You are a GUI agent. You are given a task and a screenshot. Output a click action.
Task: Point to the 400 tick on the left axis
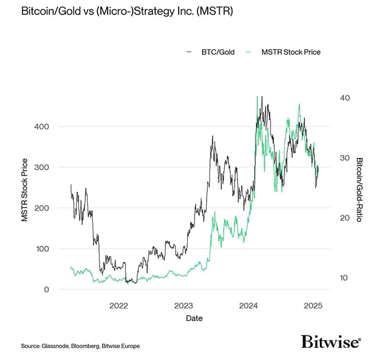tap(43, 126)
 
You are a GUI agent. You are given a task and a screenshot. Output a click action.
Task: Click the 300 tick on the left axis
tap(43, 167)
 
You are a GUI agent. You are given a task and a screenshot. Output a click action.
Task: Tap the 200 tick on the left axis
tap(43, 208)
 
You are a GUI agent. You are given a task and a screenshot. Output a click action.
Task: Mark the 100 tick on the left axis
tap(43, 249)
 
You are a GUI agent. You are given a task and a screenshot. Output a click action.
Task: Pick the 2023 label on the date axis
tap(184, 306)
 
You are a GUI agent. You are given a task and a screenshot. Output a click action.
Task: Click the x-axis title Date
tap(194, 318)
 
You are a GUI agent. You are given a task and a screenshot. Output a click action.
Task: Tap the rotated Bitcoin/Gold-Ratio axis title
tap(360, 190)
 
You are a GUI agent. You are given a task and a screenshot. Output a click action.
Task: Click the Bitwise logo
tap(331, 342)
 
